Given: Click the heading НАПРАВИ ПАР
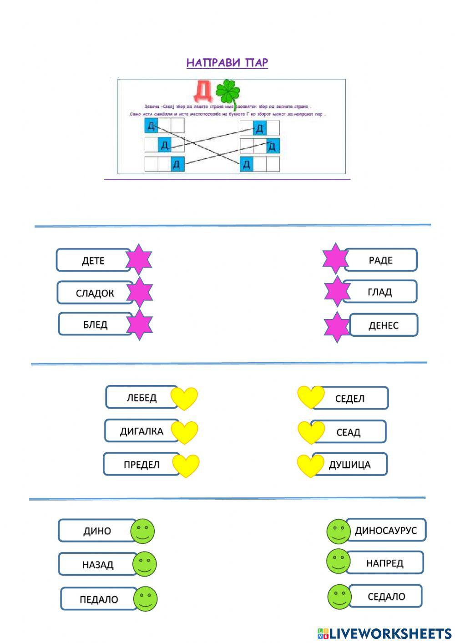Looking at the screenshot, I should (227, 63).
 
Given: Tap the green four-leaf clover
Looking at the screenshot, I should (227, 93).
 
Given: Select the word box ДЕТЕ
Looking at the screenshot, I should (93, 260).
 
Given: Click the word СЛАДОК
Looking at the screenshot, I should (95, 293).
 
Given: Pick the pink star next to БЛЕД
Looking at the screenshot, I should (139, 324).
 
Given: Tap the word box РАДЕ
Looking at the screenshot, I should (380, 260).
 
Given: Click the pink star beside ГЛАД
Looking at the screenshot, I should (337, 291).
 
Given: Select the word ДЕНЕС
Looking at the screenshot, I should (383, 325).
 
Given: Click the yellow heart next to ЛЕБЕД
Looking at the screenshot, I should (184, 398).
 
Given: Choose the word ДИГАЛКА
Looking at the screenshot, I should (142, 431).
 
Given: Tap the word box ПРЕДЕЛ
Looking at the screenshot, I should (142, 465).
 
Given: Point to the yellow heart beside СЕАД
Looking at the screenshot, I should (311, 432).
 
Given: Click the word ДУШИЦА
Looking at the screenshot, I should (349, 465).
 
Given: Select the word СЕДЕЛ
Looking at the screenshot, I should (349, 399).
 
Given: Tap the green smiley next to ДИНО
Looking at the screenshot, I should (142, 531).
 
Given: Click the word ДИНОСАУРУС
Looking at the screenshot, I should (386, 530).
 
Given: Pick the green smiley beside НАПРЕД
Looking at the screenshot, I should (338, 561).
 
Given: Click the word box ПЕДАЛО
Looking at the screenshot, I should (99, 599).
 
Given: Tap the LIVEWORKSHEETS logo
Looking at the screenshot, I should (384, 633).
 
